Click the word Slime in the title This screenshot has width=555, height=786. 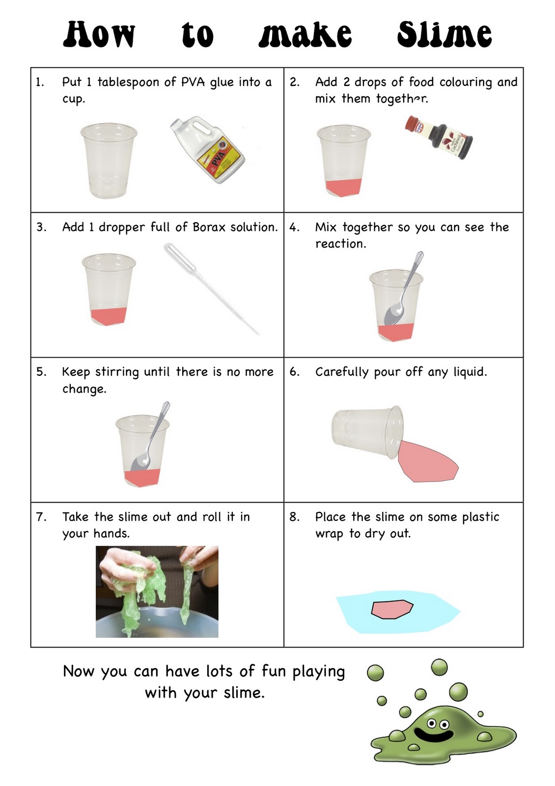point(444,34)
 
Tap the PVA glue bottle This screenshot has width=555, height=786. point(208,150)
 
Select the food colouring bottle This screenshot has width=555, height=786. point(439,137)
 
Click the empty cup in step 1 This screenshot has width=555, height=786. point(109,161)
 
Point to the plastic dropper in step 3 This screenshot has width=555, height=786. point(211,288)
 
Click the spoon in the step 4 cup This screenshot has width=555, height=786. point(403,288)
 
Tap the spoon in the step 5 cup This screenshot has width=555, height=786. point(150,437)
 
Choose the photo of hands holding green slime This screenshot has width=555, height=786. point(157,591)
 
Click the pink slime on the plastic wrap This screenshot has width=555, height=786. point(392,609)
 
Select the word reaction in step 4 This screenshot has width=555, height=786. point(340,244)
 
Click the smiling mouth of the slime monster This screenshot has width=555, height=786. point(432,734)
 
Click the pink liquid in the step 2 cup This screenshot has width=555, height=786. point(343,188)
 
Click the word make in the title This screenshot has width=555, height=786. point(305,34)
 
